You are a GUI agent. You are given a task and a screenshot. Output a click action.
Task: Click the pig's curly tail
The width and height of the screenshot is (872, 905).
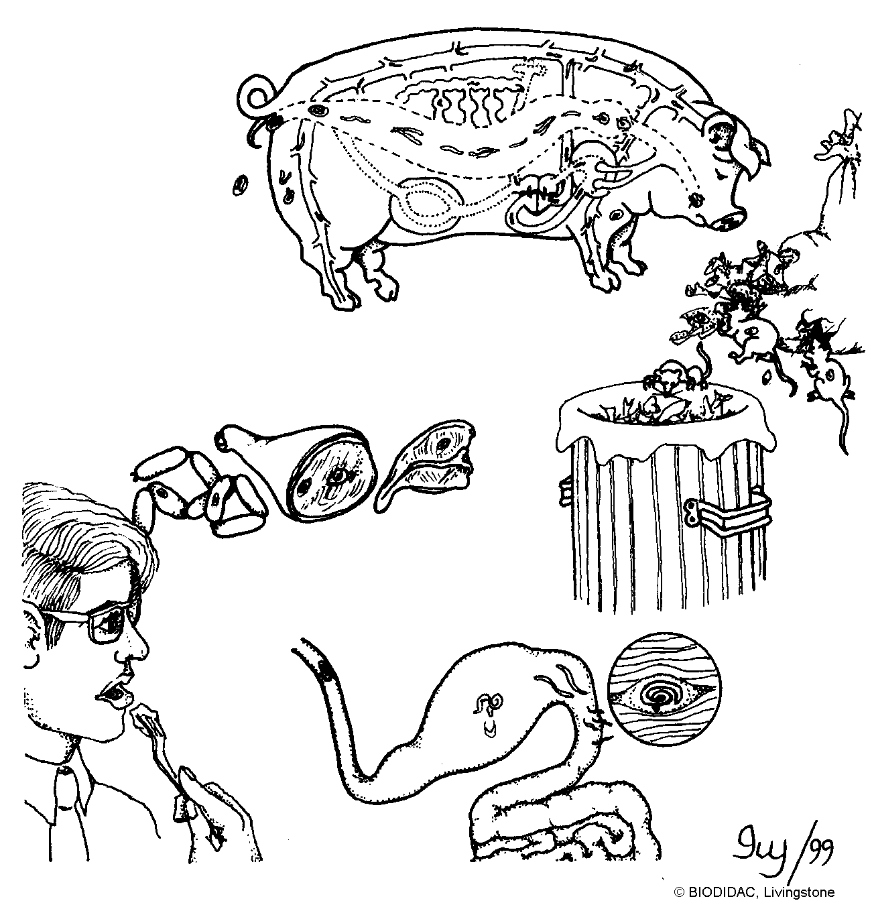click(254, 99)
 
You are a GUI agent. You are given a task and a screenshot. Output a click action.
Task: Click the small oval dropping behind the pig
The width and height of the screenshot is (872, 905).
click(240, 186)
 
